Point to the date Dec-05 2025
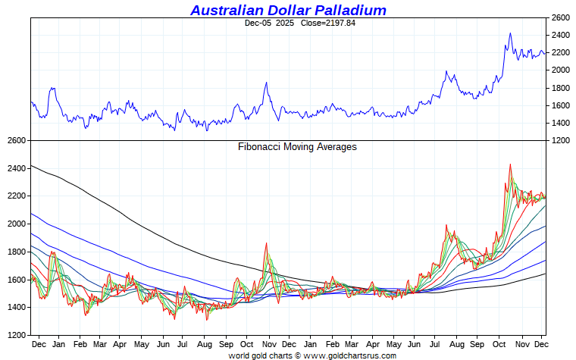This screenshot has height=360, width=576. (x=269, y=23)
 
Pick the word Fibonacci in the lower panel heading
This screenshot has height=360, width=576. (x=260, y=147)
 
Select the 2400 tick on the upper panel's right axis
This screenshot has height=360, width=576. (x=561, y=35)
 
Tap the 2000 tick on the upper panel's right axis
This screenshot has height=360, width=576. (x=561, y=70)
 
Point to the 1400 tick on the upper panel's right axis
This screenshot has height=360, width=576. (x=561, y=123)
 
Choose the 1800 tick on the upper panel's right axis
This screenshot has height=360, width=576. (x=561, y=88)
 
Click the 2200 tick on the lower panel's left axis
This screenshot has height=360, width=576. (x=16, y=196)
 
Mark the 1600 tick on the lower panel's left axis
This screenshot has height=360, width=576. (x=16, y=280)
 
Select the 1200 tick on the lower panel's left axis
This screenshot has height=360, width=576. (x=16, y=335)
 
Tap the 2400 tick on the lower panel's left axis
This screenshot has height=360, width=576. (x=16, y=168)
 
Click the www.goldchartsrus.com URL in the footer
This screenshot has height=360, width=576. (x=340, y=355)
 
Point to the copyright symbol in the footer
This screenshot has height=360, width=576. (x=298, y=355)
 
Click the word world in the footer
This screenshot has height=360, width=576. (x=239, y=355)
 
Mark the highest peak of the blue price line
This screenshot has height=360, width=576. (x=510, y=33)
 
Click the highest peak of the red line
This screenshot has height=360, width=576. (x=510, y=164)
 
